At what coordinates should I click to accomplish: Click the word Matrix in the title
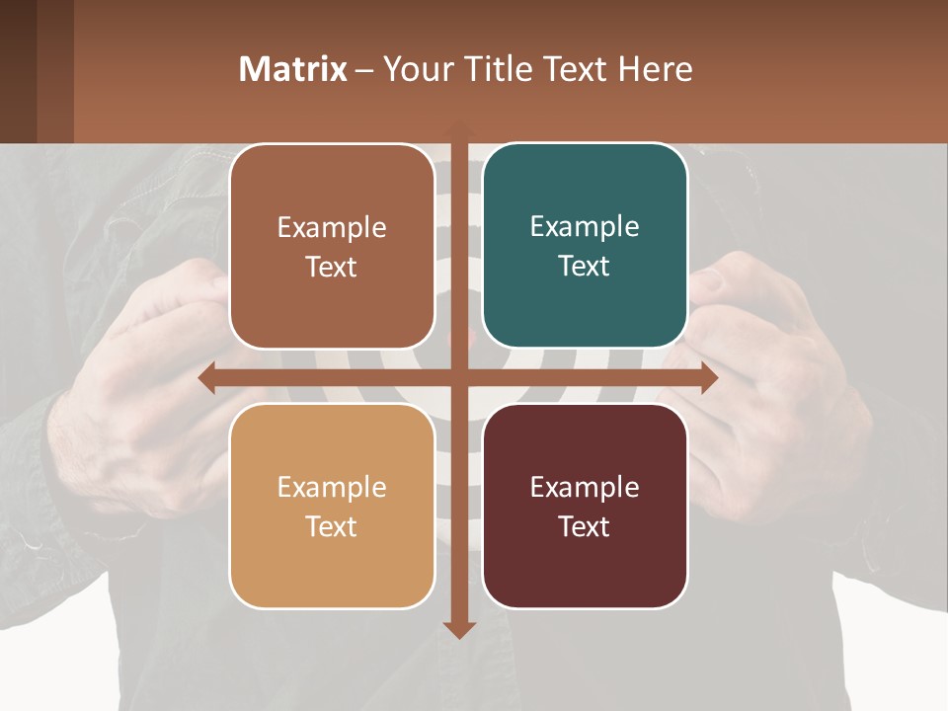pyautogui.click(x=293, y=69)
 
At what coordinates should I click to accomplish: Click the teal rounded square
pyautogui.click(x=585, y=245)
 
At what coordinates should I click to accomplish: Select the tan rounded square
pyautogui.click(x=332, y=506)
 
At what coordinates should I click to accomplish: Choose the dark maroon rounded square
pyautogui.click(x=585, y=506)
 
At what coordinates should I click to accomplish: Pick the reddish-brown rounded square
pyautogui.click(x=332, y=246)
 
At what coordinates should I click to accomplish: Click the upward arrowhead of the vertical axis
pyautogui.click(x=459, y=129)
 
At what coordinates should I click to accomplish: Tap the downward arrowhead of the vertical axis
pyautogui.click(x=459, y=629)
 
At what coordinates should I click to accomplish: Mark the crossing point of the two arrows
pyautogui.click(x=459, y=378)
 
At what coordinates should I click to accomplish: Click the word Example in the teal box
pyautogui.click(x=585, y=227)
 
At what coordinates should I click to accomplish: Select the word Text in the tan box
pyautogui.click(x=332, y=526)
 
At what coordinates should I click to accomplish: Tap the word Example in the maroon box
pyautogui.click(x=585, y=487)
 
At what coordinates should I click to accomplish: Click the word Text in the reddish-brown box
pyautogui.click(x=332, y=267)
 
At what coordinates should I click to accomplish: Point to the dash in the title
pyautogui.click(x=365, y=70)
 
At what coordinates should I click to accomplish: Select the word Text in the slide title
pyautogui.click(x=578, y=69)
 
